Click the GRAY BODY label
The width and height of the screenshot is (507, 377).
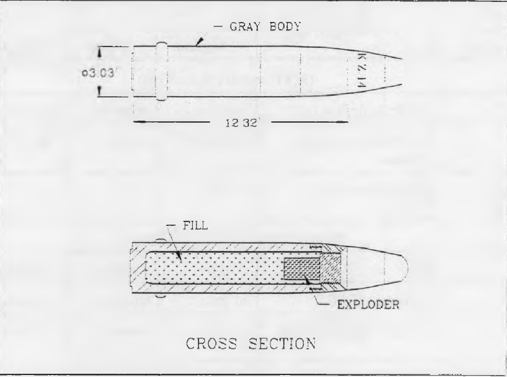pyautogui.click(x=265, y=26)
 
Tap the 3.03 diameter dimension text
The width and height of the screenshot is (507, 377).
pyautogui.click(x=98, y=74)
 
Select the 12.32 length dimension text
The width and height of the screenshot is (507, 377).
pyautogui.click(x=241, y=123)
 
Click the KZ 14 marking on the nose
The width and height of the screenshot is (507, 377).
pyautogui.click(x=362, y=70)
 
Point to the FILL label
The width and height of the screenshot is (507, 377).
pyautogui.click(x=195, y=225)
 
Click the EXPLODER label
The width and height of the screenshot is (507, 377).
pyautogui.click(x=369, y=305)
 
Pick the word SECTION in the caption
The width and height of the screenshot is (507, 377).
pyautogui.click(x=283, y=343)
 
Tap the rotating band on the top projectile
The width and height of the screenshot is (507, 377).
pyautogui.click(x=162, y=71)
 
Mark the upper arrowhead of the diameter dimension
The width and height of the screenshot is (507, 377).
pyautogui.click(x=100, y=53)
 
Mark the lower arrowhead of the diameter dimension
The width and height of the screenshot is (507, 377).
pyautogui.click(x=100, y=92)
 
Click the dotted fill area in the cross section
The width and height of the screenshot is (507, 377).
pyautogui.click(x=215, y=268)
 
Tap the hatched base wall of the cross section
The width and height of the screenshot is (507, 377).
pyautogui.click(x=138, y=268)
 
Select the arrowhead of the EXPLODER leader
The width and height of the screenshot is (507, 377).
pyautogui.click(x=308, y=281)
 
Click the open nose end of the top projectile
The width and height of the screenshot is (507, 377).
pyautogui.click(x=401, y=72)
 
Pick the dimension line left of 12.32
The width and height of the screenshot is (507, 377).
pyautogui.click(x=172, y=122)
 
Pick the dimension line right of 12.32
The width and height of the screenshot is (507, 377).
pyautogui.click(x=309, y=122)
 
